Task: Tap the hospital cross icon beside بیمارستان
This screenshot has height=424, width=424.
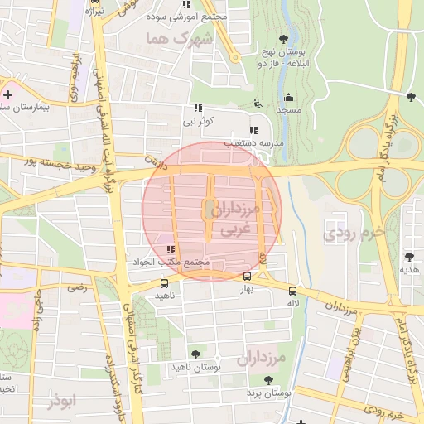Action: (7, 94)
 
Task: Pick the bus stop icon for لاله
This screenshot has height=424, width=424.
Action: (291, 291)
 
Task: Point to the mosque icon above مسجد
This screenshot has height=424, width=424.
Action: (288, 98)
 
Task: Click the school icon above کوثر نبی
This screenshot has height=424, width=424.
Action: (198, 108)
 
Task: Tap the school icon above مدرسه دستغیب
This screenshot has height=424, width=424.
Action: (253, 130)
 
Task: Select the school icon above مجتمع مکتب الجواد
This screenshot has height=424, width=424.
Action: (171, 249)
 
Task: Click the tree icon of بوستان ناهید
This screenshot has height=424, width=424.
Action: (195, 354)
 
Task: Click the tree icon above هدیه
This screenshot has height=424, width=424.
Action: (409, 257)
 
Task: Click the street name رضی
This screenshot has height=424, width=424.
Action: (77, 287)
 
